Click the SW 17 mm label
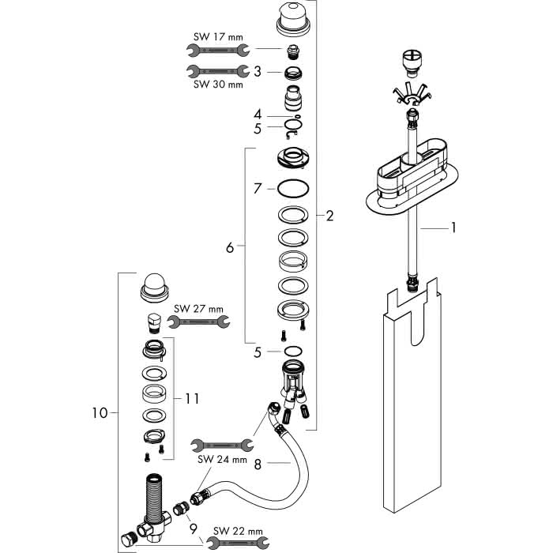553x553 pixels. tap(218, 36)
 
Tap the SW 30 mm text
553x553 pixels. tap(218, 85)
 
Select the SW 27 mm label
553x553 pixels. tap(198, 309)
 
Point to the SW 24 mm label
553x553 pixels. tap(222, 460)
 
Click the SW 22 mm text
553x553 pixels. tap(238, 531)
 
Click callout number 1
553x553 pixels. tap(453, 228)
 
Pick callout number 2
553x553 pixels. tap(329, 216)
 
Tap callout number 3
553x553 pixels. tap(258, 72)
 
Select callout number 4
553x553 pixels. tap(258, 115)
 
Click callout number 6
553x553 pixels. tap(230, 248)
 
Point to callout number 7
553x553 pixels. tap(258, 189)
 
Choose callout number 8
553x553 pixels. tap(258, 465)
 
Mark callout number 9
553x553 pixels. tap(194, 529)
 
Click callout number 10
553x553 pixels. tap(100, 412)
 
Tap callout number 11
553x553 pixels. tap(192, 399)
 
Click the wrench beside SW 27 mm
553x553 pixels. tap(198, 322)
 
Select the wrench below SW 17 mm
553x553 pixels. tap(218, 51)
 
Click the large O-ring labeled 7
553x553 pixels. tap(293, 188)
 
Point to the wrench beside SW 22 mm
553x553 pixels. tap(238, 543)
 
